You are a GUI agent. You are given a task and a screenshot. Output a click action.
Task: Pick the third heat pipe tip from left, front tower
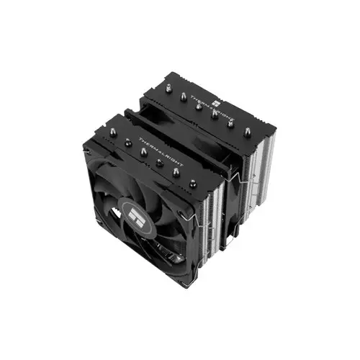143,153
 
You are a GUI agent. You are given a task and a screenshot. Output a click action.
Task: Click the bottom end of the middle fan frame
229,242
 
